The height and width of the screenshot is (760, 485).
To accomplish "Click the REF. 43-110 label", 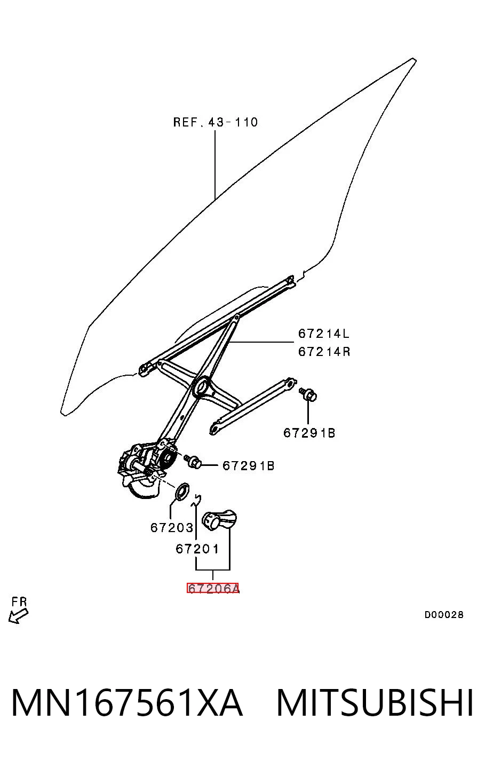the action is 216,122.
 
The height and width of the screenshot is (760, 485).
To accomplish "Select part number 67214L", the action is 323,334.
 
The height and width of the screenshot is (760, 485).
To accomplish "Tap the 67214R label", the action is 324,352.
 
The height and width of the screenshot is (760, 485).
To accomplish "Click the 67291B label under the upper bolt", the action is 309,433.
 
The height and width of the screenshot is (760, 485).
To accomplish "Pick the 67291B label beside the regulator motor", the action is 248,466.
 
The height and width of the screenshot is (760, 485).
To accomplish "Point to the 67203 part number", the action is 172,528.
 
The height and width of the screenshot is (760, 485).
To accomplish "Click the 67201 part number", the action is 197,549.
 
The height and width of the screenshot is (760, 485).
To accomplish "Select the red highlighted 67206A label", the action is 213,588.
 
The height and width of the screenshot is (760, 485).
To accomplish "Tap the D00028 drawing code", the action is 444,614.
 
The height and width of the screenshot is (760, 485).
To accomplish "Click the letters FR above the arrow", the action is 19,602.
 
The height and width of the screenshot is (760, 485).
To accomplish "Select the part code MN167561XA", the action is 127,703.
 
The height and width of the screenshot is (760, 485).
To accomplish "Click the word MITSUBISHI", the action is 375,703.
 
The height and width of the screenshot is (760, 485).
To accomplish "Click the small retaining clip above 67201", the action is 196,500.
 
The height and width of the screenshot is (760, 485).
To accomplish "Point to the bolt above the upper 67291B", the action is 308,394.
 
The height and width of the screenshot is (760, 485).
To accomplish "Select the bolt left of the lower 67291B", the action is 193,461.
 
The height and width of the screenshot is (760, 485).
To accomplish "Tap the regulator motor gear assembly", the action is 146,468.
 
